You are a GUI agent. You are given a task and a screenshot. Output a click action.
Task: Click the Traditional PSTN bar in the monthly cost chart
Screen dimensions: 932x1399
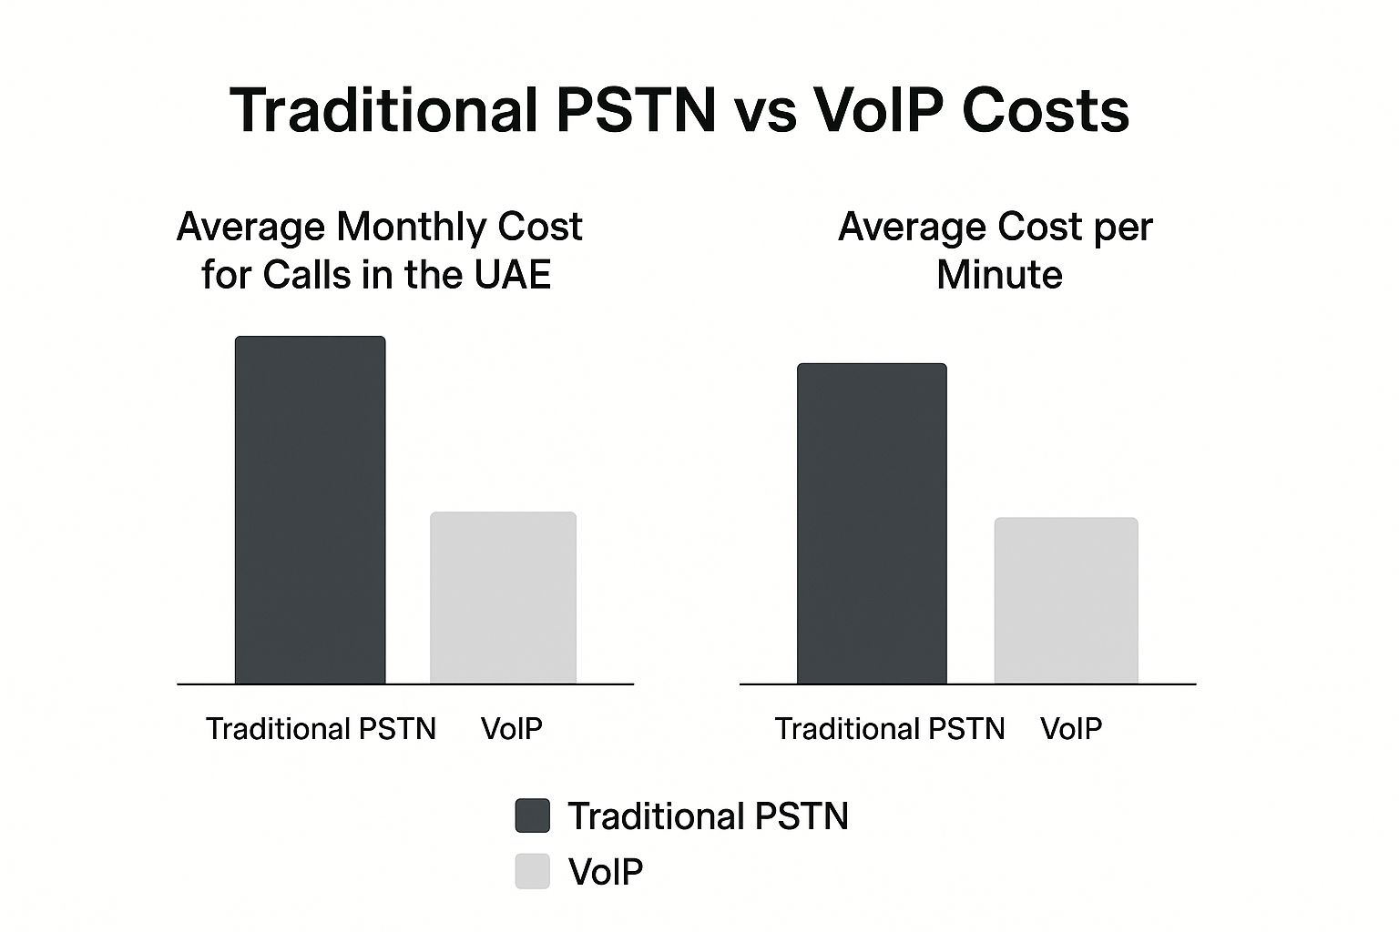coord(310,510)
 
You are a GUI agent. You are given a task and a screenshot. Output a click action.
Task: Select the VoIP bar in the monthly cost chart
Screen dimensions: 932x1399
coord(503,597)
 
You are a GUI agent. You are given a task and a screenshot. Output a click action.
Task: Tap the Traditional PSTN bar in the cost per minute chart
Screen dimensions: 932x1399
coord(872,523)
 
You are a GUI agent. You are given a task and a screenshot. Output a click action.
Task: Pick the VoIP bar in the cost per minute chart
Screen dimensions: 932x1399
coord(1066,600)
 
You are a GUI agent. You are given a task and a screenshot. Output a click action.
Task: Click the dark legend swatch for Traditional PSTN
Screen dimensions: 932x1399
coord(533,815)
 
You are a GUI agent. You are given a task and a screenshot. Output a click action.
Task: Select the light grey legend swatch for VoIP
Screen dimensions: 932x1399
coord(533,871)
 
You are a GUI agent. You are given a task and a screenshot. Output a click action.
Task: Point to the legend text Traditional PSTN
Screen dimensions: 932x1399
coord(708,816)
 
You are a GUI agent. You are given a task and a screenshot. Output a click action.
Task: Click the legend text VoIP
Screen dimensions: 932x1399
coord(606,872)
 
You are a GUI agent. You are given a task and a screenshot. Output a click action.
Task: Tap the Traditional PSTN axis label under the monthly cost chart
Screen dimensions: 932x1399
coord(321,729)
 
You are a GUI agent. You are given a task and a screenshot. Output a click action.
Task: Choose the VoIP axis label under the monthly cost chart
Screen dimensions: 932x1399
coord(511,729)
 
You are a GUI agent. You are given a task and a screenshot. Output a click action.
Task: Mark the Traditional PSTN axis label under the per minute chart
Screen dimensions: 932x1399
coord(890,729)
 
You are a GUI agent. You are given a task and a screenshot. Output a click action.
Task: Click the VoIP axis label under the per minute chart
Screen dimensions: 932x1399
coord(1071,729)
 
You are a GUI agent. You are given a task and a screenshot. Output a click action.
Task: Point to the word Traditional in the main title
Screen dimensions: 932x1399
coord(383,111)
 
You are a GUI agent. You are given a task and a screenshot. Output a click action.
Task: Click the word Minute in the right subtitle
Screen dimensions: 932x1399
coord(999,274)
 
